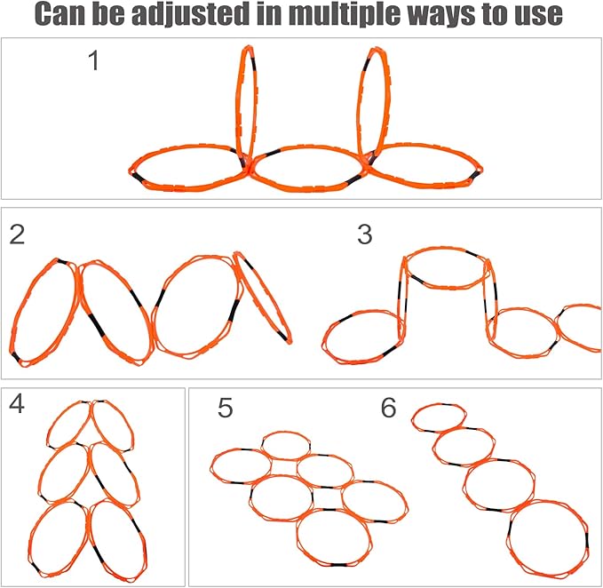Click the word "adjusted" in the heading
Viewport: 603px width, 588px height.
pos(189,14)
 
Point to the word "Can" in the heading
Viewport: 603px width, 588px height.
pos(60,14)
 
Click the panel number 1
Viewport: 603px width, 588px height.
pos(93,60)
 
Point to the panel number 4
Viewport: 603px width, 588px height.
pos(16,404)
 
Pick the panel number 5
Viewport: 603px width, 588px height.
pos(225,408)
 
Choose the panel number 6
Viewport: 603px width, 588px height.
pos(388,408)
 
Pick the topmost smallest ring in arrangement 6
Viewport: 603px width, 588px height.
pos(439,404)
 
